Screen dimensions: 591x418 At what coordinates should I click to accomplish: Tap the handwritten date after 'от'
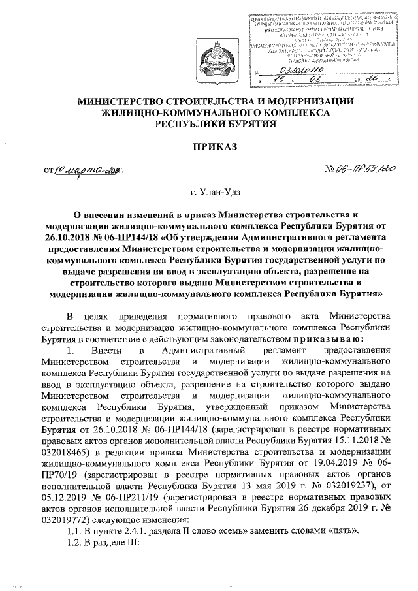tap(88, 171)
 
